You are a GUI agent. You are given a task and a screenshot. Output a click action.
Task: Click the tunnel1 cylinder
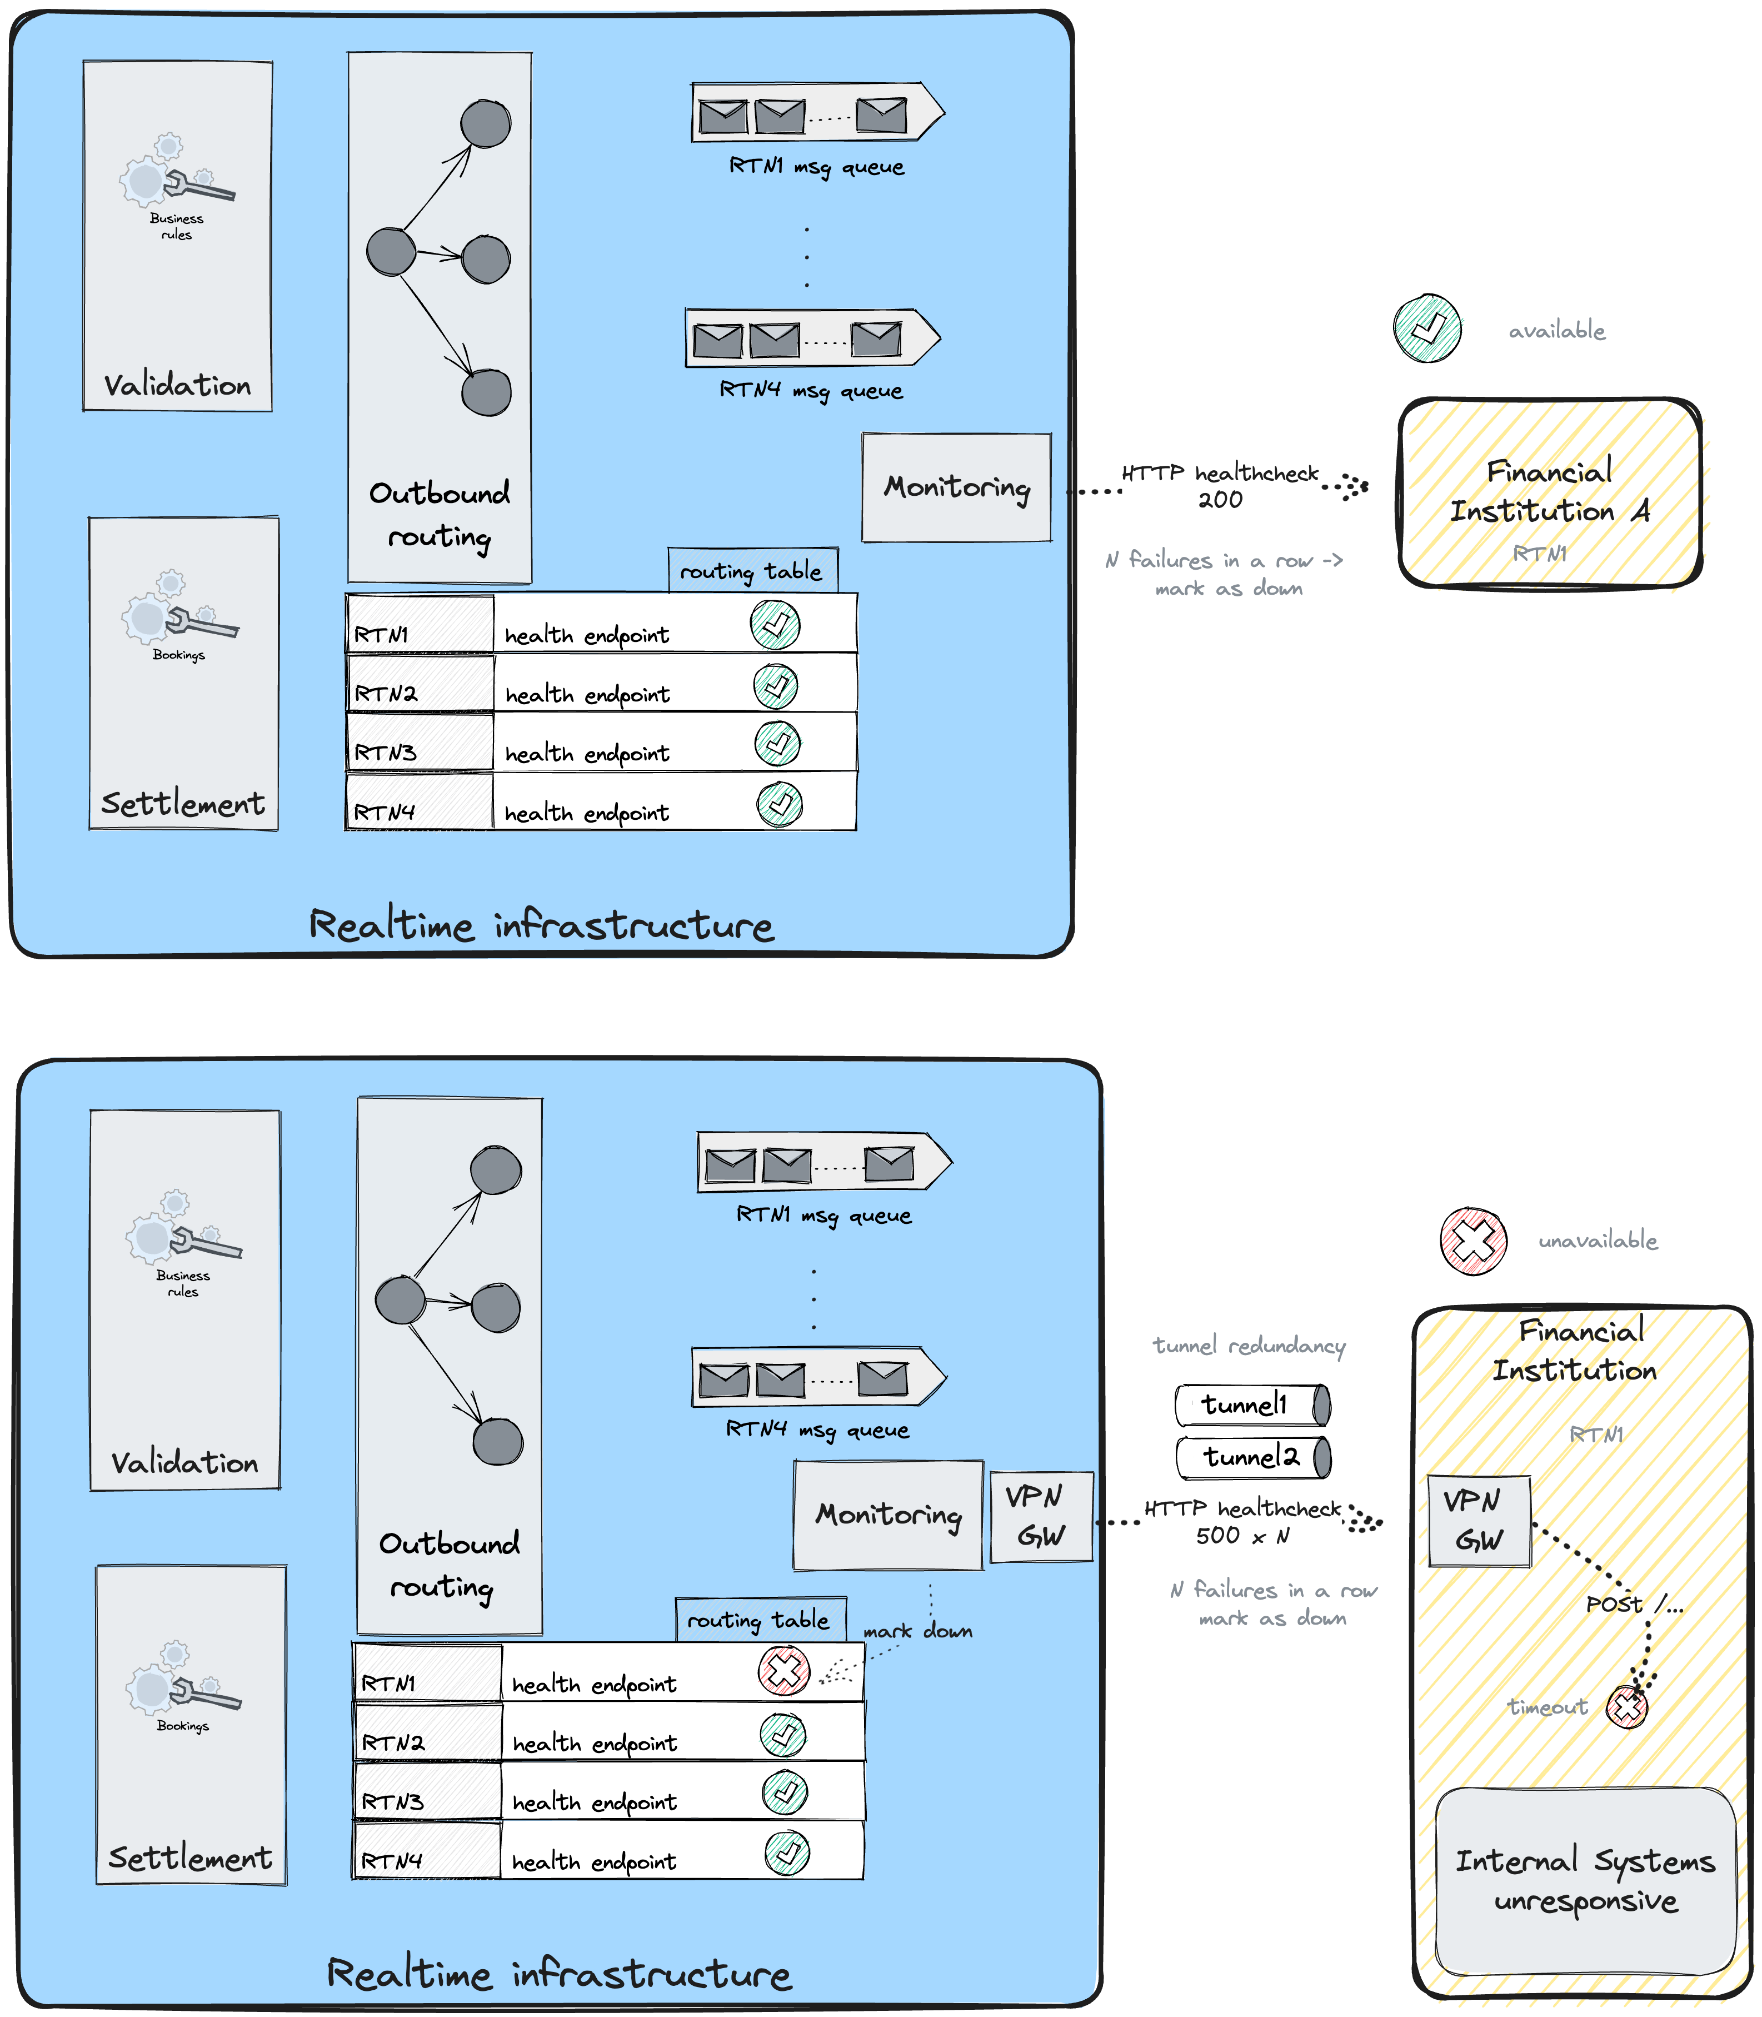1252,1405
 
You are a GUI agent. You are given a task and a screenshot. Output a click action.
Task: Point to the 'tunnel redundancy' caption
1249,1346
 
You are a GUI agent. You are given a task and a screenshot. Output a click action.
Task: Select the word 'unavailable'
1598,1241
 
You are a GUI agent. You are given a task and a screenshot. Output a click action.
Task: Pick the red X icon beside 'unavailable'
1473,1241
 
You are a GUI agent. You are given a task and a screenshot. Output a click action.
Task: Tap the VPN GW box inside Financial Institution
1479,1520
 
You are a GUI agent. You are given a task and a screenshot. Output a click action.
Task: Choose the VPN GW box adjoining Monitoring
1040,1516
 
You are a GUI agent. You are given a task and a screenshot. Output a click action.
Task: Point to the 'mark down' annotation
917,1631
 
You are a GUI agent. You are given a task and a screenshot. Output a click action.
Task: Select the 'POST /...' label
1633,1604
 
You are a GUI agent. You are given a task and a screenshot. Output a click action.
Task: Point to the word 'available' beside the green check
1556,331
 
